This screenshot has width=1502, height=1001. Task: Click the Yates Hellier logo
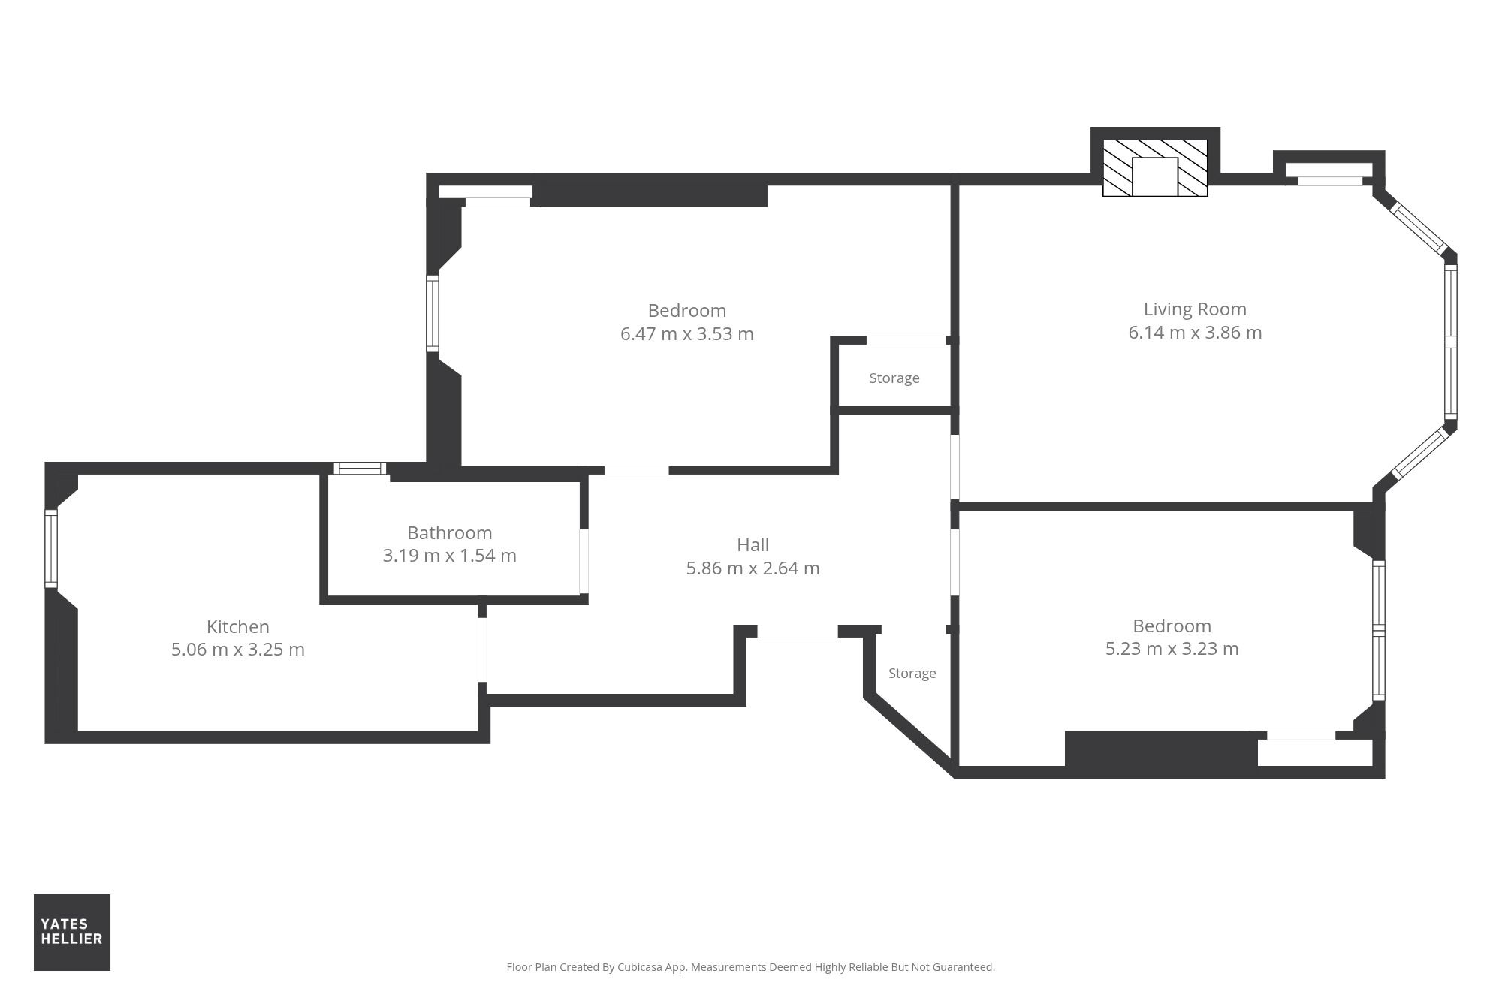(x=72, y=932)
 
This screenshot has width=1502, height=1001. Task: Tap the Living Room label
(x=1195, y=309)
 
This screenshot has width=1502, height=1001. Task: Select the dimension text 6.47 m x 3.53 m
(x=686, y=334)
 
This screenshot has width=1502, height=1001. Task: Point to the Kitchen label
(x=237, y=626)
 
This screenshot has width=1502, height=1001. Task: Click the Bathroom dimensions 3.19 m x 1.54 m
(x=449, y=556)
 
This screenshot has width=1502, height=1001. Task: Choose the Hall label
(x=753, y=544)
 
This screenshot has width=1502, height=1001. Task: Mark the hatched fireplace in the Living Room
(x=1155, y=167)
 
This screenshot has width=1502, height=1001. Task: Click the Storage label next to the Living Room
(x=894, y=378)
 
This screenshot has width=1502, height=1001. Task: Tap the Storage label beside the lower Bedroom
(x=912, y=673)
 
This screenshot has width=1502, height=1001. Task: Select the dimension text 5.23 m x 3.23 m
(x=1172, y=649)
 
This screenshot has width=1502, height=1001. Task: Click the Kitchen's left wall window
(x=51, y=548)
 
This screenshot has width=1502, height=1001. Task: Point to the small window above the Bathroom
(x=360, y=469)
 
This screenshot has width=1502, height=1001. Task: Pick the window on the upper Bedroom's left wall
(x=433, y=313)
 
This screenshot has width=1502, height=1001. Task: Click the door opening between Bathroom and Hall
(x=584, y=561)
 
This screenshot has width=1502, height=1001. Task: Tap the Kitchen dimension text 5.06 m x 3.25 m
(x=237, y=650)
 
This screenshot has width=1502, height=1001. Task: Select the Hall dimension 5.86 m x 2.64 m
(x=753, y=568)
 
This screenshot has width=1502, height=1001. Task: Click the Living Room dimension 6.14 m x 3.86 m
(x=1195, y=333)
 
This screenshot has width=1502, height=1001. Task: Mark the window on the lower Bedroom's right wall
(x=1379, y=631)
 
